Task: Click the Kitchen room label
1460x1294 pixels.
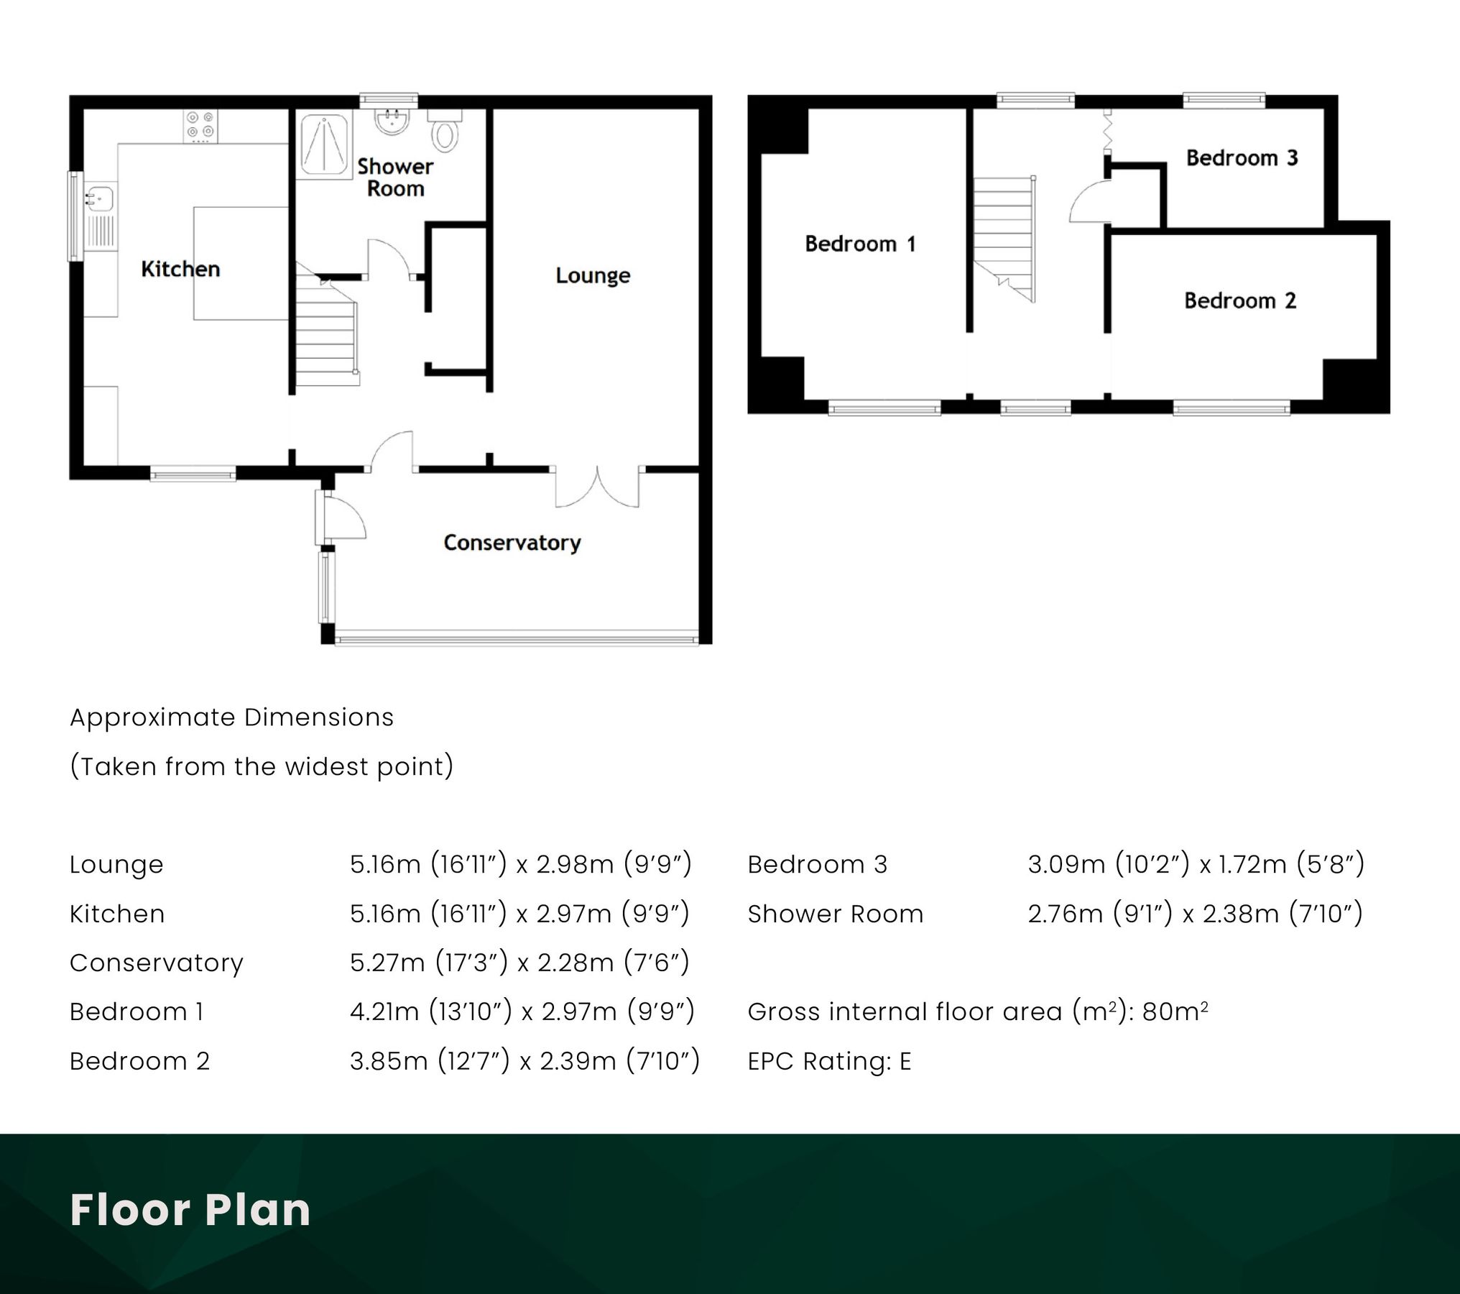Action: [x=180, y=269]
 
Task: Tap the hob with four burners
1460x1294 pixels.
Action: [x=200, y=126]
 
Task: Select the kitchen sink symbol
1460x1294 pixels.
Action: [x=100, y=197]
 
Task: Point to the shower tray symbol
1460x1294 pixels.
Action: [x=324, y=145]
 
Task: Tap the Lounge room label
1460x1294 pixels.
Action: [x=593, y=275]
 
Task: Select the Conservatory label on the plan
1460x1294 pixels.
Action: [x=512, y=543]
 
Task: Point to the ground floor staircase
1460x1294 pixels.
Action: [x=326, y=338]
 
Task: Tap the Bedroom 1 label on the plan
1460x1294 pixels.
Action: [x=860, y=244]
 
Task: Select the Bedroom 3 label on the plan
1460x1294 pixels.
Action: [x=1242, y=158]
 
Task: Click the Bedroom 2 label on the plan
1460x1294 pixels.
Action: [x=1240, y=300]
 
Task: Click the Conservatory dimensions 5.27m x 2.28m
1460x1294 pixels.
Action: [x=519, y=963]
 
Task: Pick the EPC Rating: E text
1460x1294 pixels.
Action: [x=829, y=1061]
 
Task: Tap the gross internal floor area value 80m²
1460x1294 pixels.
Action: [x=1175, y=1011]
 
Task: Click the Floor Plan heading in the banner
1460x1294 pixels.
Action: [x=190, y=1210]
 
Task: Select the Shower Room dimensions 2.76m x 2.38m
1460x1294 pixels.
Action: [x=1195, y=914]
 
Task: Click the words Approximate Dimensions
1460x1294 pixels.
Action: [x=231, y=717]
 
